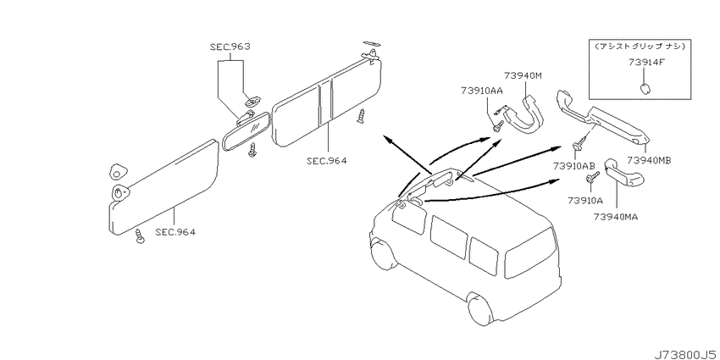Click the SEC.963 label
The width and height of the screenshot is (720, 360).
[230, 47]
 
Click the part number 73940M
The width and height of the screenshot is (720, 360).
[523, 75]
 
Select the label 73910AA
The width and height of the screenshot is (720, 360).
[482, 91]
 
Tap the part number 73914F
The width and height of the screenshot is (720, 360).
[646, 63]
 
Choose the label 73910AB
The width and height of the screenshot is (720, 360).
[574, 165]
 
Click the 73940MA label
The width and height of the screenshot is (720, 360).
[615, 216]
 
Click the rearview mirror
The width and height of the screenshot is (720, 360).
[246, 130]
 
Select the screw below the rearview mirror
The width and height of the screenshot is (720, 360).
[252, 150]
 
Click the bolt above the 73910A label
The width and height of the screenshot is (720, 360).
[592, 178]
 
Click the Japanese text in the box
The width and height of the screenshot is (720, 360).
[640, 47]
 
